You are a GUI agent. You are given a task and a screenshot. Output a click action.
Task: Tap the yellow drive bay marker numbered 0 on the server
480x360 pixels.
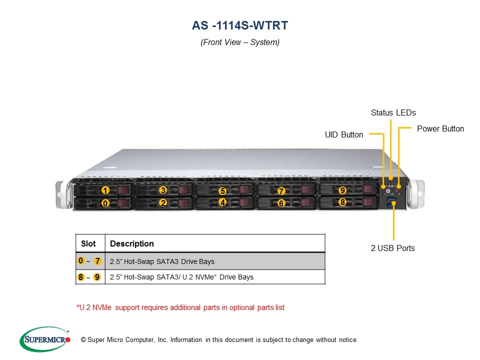(x=105, y=203)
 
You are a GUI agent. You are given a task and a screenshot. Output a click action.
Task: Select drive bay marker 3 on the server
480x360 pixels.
(x=163, y=190)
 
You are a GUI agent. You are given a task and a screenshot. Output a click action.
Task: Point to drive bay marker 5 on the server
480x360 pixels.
(x=222, y=191)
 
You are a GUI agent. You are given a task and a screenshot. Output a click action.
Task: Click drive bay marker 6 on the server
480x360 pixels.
(x=281, y=203)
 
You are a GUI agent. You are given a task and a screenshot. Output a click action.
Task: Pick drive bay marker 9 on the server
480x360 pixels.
(x=342, y=190)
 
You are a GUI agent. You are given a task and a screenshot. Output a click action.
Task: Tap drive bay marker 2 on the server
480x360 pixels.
(x=163, y=203)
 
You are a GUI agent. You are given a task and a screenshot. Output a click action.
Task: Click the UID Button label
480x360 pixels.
(x=344, y=134)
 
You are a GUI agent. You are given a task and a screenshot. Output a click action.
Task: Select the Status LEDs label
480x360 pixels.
(x=393, y=113)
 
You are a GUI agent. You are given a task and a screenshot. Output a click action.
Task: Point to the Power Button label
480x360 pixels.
(x=440, y=129)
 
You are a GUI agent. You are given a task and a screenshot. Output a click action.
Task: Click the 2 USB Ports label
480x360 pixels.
(x=392, y=248)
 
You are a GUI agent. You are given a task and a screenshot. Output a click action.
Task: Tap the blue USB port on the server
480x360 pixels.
(x=392, y=201)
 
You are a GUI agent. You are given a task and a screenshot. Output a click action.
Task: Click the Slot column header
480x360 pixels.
(x=88, y=244)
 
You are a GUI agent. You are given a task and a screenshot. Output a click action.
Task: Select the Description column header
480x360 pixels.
(x=132, y=244)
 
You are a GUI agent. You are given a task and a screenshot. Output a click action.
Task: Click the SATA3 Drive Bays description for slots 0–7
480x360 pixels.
(x=162, y=261)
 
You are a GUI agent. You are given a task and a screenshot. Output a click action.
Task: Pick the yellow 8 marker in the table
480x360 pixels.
(x=81, y=277)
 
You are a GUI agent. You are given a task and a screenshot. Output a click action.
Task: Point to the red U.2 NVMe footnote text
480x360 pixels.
(x=180, y=307)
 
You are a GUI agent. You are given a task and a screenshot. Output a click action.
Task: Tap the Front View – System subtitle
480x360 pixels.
(x=240, y=42)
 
